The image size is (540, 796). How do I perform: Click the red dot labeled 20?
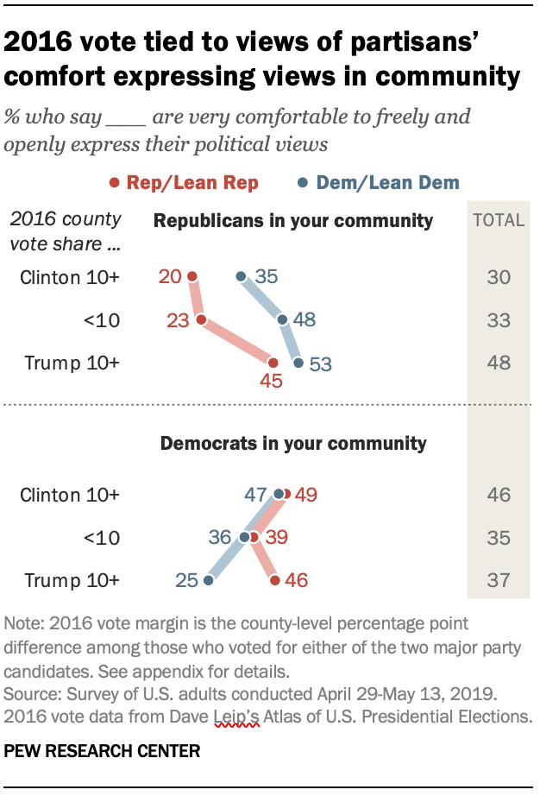pos(192,277)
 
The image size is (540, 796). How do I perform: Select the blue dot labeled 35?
pos(242,277)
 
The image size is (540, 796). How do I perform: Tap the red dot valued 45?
pos(273,363)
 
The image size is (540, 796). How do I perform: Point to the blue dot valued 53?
pos(298,363)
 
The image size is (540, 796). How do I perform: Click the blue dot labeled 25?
pos(208,581)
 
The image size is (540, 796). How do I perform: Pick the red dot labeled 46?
pos(274,581)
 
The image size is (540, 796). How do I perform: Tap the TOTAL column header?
pos(499,220)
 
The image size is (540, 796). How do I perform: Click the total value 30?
pos(499,277)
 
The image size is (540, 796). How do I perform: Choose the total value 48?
pos(499,363)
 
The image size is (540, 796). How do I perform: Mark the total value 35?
pos(499,538)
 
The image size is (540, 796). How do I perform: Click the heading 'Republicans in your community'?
pos(292,221)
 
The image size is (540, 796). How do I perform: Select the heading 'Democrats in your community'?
pos(293,444)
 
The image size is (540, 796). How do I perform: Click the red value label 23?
pos(178,320)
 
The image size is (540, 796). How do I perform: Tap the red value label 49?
pos(305,495)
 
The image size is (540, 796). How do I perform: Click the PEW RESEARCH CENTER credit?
pos(102,751)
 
